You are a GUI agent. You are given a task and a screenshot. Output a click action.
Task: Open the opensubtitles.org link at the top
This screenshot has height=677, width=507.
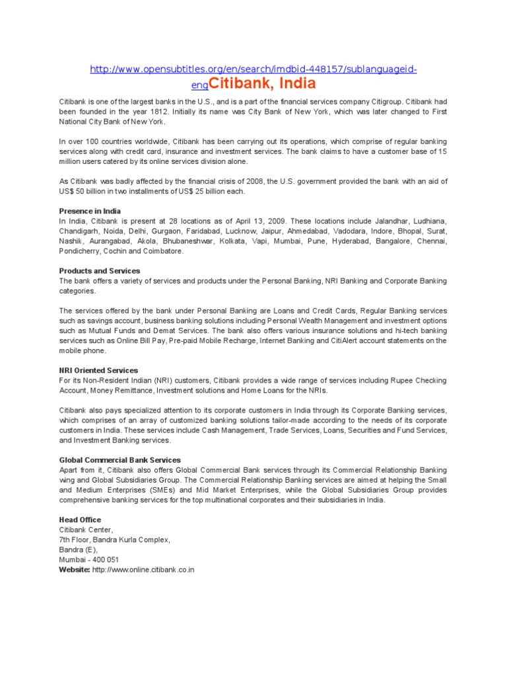(253, 69)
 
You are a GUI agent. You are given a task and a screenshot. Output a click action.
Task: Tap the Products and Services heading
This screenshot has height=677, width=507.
(100, 271)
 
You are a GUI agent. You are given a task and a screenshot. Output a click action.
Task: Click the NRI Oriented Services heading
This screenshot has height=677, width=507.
(98, 370)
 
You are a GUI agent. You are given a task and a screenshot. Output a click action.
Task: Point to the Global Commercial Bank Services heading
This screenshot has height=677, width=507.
(119, 460)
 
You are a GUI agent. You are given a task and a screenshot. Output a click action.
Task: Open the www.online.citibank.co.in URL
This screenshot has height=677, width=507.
(143, 569)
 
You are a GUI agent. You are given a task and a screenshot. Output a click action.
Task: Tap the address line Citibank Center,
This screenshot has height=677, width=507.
(86, 530)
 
